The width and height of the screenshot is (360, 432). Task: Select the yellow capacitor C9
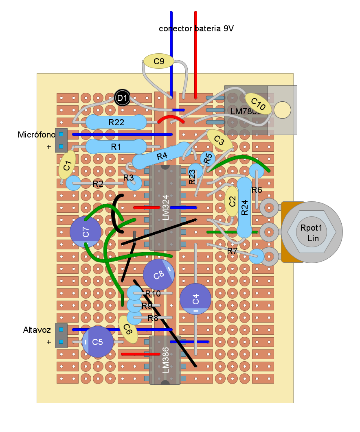point(159,61)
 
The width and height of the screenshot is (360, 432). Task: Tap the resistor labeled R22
point(116,122)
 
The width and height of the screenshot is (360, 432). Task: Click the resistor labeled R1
point(116,146)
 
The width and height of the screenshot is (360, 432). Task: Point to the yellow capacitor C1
point(67,165)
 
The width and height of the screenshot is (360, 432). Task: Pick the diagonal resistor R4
point(162,156)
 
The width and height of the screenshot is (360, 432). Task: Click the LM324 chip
point(165,207)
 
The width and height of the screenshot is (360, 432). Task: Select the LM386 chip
point(165,360)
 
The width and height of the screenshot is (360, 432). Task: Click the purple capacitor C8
point(159,275)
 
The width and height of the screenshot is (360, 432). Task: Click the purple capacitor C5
point(98,342)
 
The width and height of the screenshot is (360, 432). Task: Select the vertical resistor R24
point(244,207)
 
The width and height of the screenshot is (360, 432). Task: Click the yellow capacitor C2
point(232,201)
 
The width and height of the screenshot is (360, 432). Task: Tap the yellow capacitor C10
point(258,105)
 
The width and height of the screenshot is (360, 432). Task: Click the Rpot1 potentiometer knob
point(312,232)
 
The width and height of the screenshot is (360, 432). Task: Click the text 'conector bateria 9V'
point(196,28)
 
